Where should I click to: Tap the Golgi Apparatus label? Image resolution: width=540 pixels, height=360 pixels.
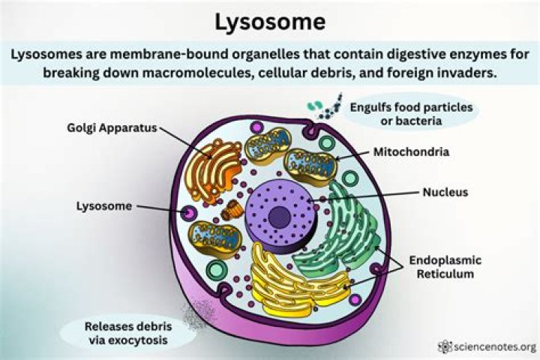110,127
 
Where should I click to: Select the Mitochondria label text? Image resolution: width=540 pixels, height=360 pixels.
411,151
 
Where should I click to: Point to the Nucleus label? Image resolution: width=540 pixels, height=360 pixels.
443,193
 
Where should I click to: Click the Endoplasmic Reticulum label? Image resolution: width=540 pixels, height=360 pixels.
445,267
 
